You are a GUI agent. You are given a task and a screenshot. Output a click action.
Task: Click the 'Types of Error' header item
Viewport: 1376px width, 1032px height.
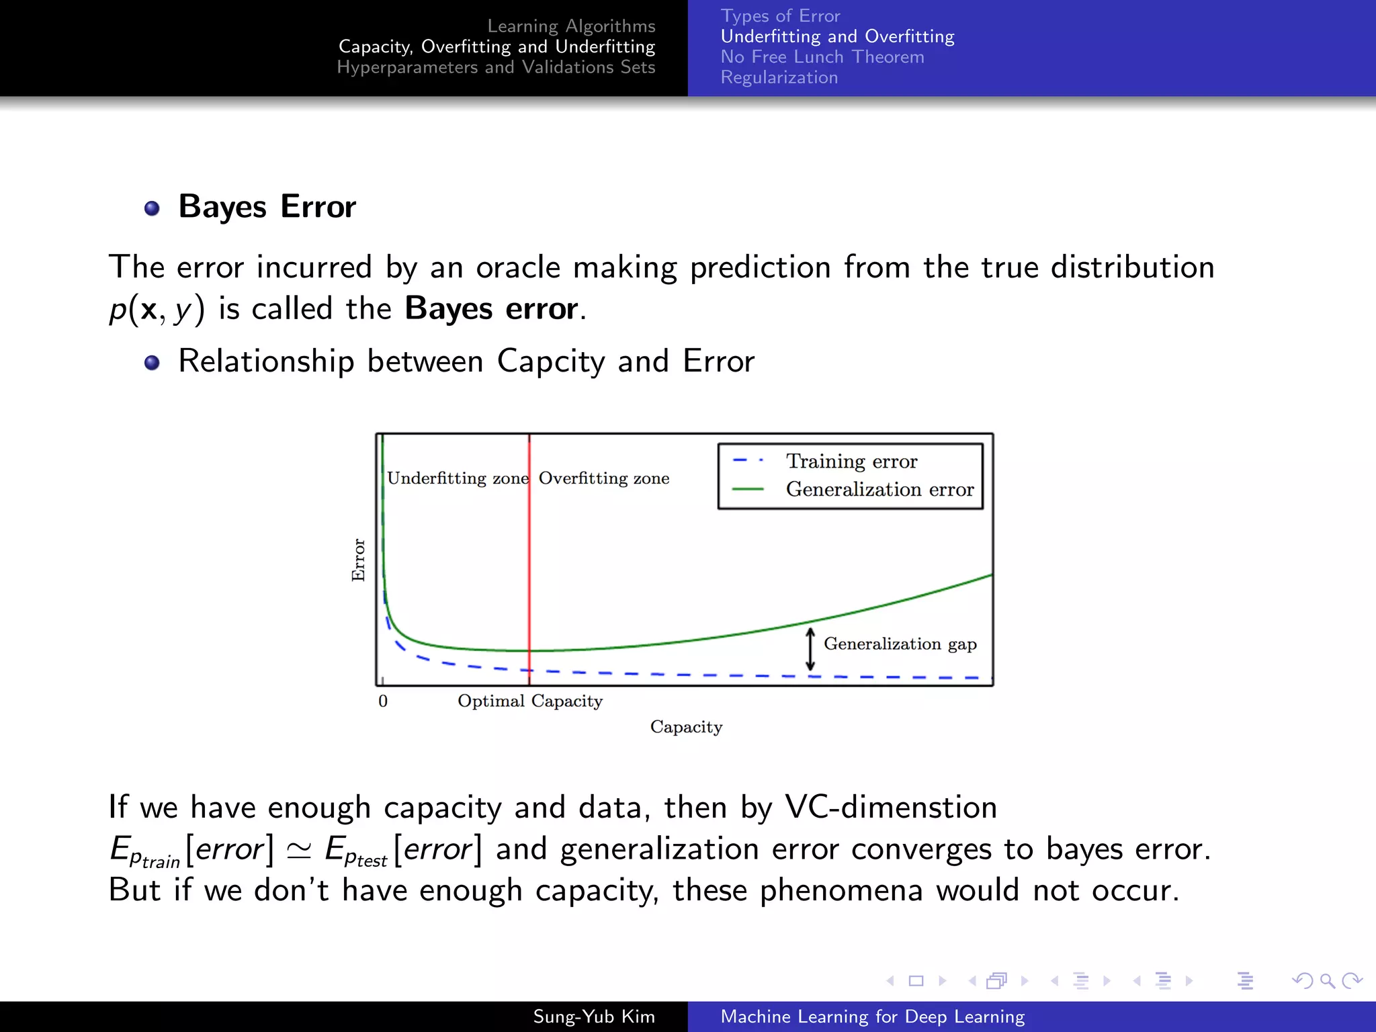click(x=780, y=16)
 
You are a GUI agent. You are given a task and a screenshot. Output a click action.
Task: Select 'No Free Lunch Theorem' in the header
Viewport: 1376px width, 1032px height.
click(x=822, y=57)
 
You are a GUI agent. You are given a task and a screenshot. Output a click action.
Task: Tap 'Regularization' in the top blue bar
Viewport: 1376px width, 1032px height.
click(x=779, y=78)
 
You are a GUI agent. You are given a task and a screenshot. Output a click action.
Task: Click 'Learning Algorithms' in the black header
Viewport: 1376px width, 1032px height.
click(x=571, y=26)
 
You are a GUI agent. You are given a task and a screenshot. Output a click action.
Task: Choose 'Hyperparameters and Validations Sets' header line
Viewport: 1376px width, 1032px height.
click(x=496, y=67)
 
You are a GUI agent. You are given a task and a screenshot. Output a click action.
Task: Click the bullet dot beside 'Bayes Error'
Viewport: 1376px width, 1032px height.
click(x=153, y=208)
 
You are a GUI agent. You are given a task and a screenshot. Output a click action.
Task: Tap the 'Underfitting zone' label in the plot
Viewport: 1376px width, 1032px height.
click(x=458, y=478)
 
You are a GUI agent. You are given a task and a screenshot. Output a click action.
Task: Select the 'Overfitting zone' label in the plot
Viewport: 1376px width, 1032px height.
click(x=603, y=478)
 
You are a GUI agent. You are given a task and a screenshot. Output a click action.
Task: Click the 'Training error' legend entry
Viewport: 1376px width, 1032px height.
click(x=851, y=461)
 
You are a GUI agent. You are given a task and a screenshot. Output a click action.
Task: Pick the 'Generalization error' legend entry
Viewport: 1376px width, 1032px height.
click(x=879, y=489)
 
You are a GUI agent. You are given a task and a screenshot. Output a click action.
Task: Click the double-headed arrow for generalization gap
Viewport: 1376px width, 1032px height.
click(x=810, y=649)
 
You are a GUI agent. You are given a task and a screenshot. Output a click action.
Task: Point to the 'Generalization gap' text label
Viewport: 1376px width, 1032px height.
click(x=900, y=644)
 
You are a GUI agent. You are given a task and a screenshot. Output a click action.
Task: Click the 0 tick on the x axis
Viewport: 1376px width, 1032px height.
click(x=383, y=701)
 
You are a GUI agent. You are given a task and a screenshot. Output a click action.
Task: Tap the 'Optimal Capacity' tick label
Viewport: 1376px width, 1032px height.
click(x=530, y=701)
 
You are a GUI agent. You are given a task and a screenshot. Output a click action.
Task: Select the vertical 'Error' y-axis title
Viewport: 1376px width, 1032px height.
click(x=358, y=560)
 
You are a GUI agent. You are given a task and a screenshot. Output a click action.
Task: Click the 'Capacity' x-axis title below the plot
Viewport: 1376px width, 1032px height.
click(x=686, y=727)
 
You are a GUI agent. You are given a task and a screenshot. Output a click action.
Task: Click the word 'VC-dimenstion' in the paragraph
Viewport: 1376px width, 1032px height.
click(x=891, y=807)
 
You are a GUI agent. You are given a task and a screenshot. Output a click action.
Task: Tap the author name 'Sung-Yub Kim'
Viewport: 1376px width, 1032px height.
click(x=594, y=1017)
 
